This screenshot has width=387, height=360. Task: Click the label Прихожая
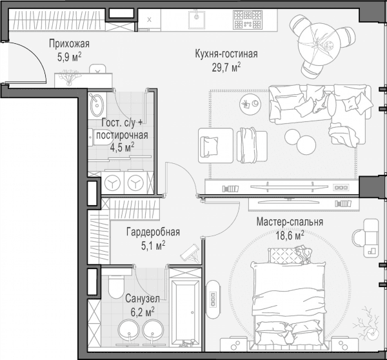(x=69, y=44)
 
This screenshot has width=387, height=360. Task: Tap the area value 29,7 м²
(x=226, y=67)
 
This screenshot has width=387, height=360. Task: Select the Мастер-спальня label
(x=290, y=222)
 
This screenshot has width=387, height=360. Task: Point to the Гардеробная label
(x=153, y=232)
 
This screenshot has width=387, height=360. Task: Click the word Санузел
(x=143, y=299)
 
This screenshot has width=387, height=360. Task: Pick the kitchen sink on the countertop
(x=197, y=20)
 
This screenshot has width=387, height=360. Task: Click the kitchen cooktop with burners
(x=247, y=19)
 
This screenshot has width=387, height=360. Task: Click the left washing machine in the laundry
(x=112, y=183)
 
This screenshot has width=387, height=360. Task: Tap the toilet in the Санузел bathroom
(x=117, y=286)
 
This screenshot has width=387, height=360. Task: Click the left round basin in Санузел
(x=128, y=330)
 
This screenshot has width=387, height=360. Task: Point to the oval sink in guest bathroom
(x=97, y=105)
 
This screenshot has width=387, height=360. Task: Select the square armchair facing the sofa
(x=215, y=146)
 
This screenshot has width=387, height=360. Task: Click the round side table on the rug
(x=250, y=104)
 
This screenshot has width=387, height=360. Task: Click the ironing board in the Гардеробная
(x=190, y=252)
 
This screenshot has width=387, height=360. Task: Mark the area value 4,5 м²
(x=122, y=148)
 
